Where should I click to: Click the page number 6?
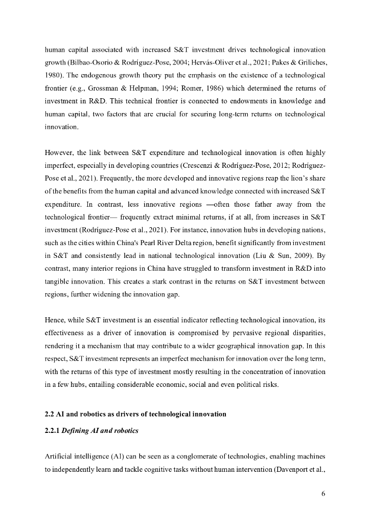323,494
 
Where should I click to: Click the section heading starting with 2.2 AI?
135,414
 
